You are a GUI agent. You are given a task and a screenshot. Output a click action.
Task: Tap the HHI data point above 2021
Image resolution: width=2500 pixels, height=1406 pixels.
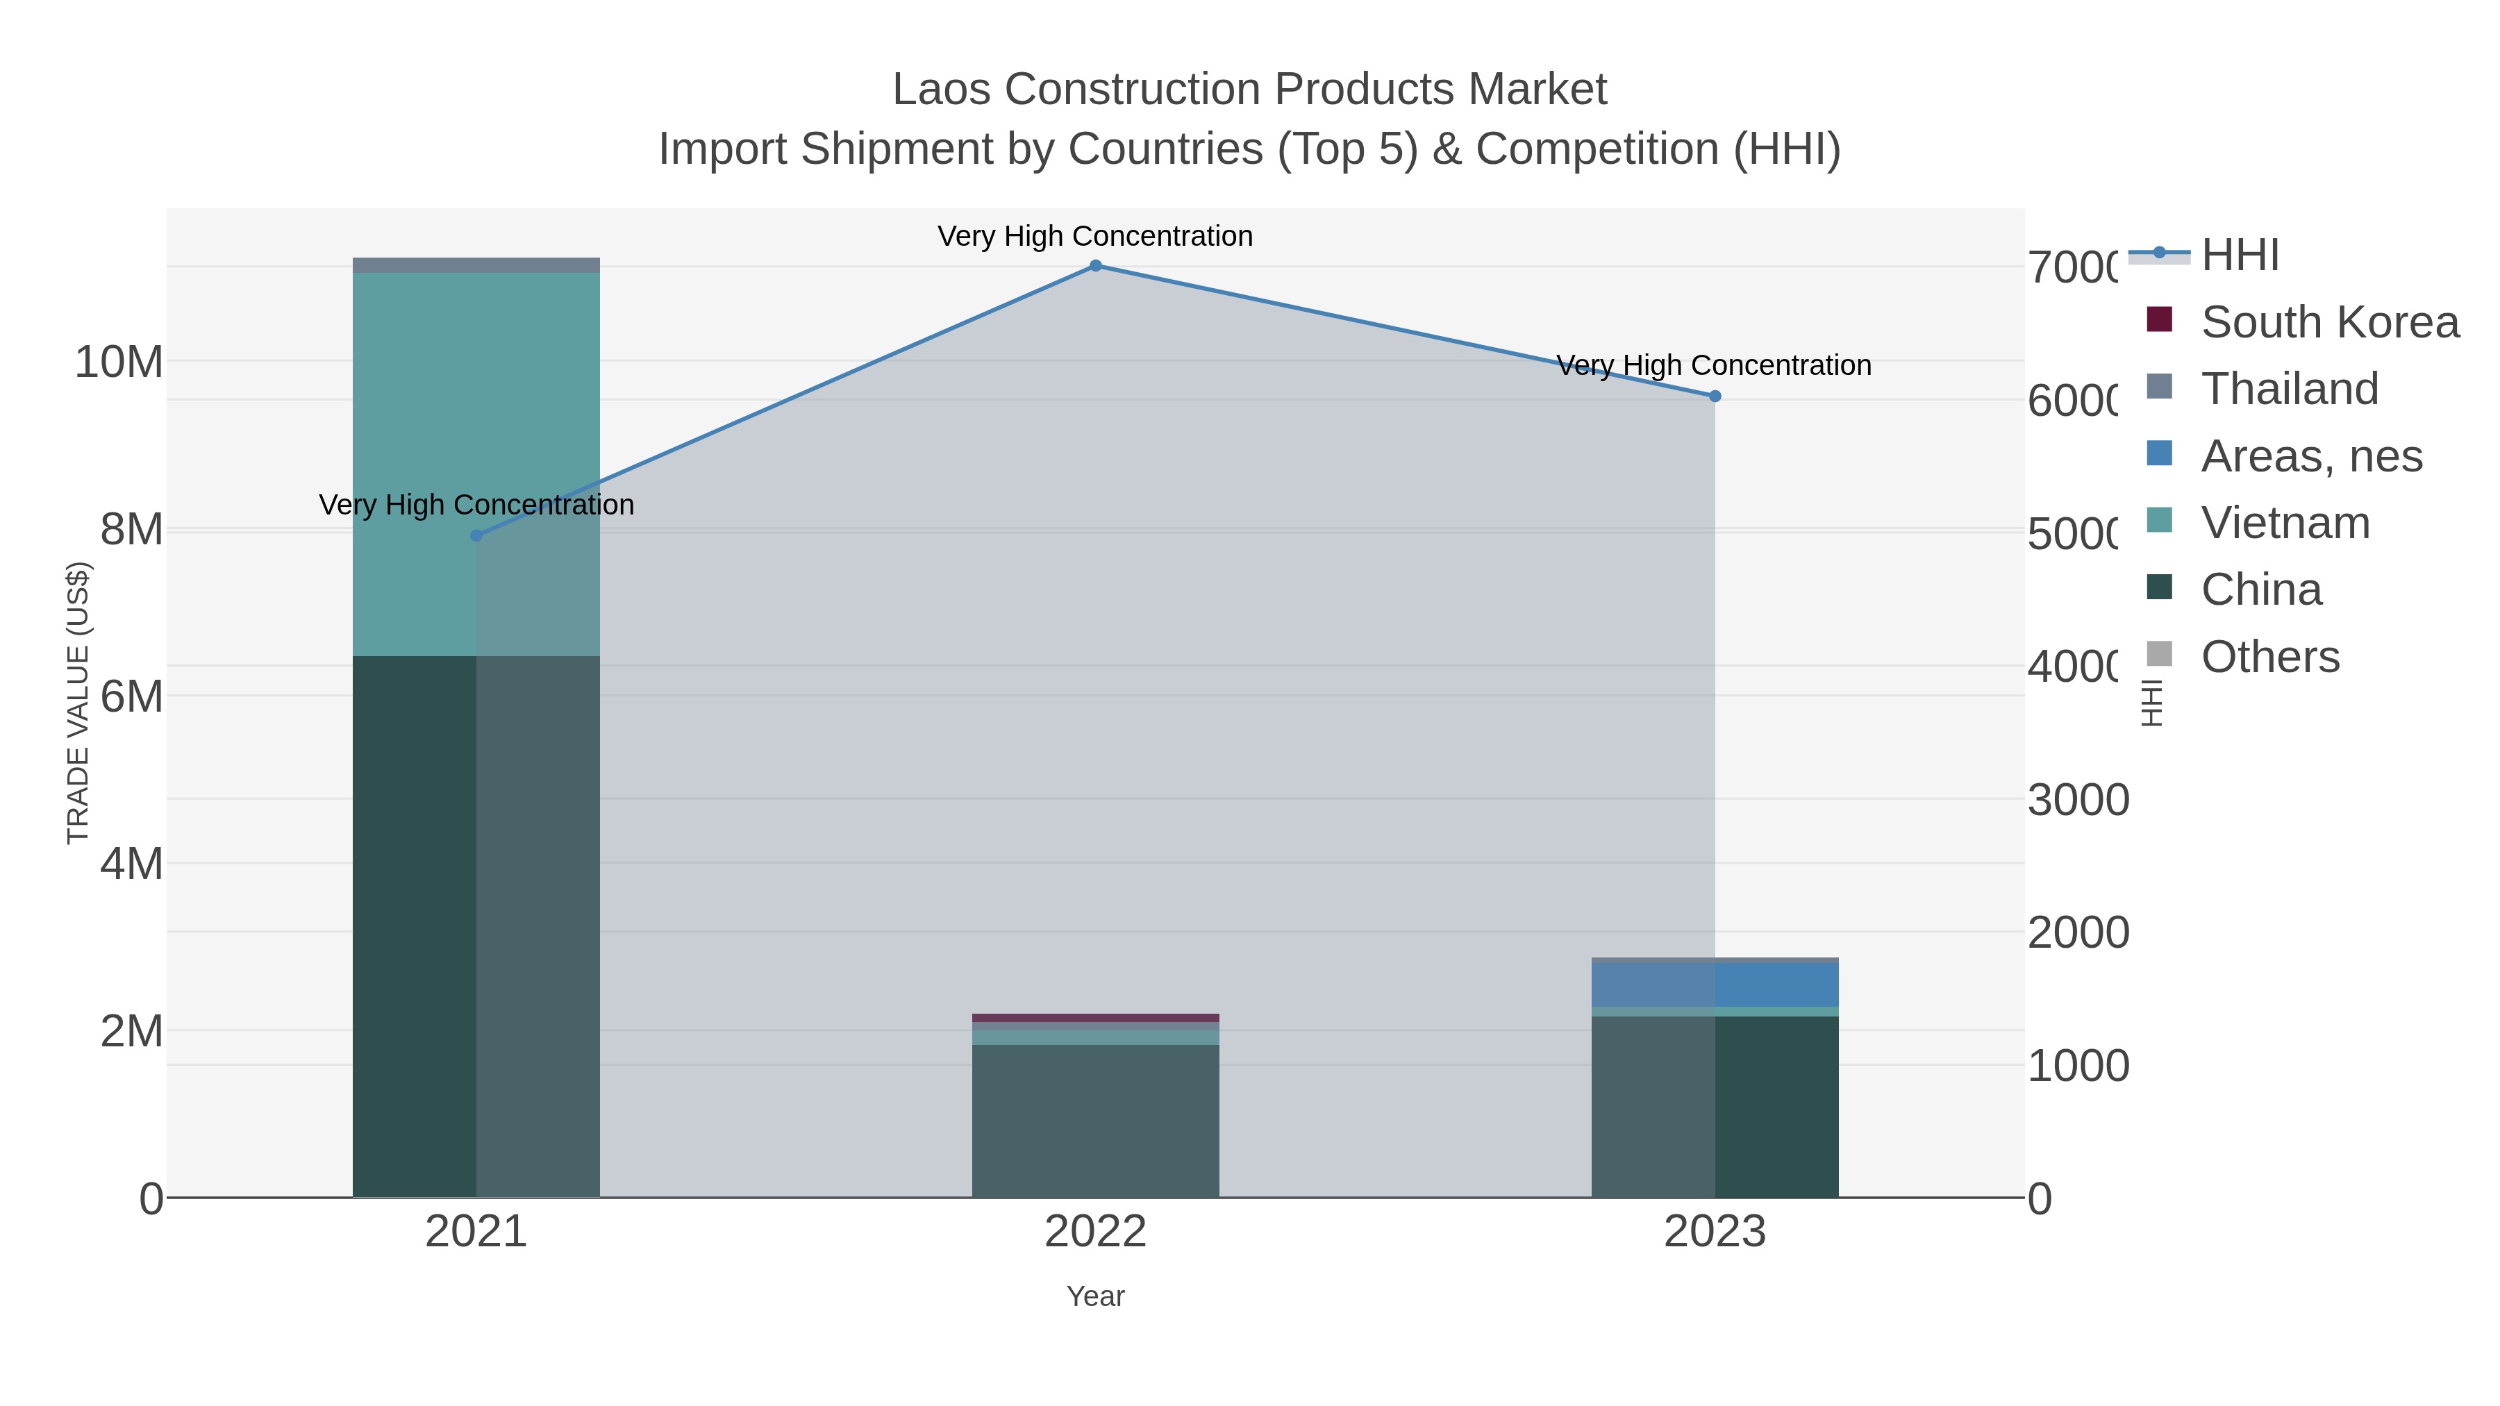[476, 535]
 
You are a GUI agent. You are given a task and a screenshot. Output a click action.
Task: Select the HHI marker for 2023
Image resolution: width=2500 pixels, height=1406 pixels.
[1714, 396]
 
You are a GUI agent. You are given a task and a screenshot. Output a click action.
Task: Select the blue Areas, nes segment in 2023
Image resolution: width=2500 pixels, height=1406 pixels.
[1714, 984]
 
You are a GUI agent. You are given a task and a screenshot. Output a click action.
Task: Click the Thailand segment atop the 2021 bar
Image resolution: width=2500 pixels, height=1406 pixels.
[476, 265]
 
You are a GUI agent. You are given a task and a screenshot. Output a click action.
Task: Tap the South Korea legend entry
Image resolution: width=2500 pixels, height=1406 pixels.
[2329, 322]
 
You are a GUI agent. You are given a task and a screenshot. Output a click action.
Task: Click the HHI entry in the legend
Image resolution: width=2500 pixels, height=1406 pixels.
[2239, 256]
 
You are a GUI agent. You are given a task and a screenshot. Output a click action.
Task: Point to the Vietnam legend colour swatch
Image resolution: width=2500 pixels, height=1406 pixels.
[2158, 520]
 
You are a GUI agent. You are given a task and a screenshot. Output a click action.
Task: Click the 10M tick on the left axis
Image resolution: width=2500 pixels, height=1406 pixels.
[118, 362]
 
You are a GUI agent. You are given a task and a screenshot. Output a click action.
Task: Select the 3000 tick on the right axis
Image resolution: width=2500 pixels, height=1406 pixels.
[2077, 801]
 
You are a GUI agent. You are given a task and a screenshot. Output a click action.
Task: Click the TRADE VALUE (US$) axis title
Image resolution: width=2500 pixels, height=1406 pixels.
[78, 703]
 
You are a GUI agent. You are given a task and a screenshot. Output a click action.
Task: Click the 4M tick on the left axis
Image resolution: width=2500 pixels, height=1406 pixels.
[131, 864]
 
